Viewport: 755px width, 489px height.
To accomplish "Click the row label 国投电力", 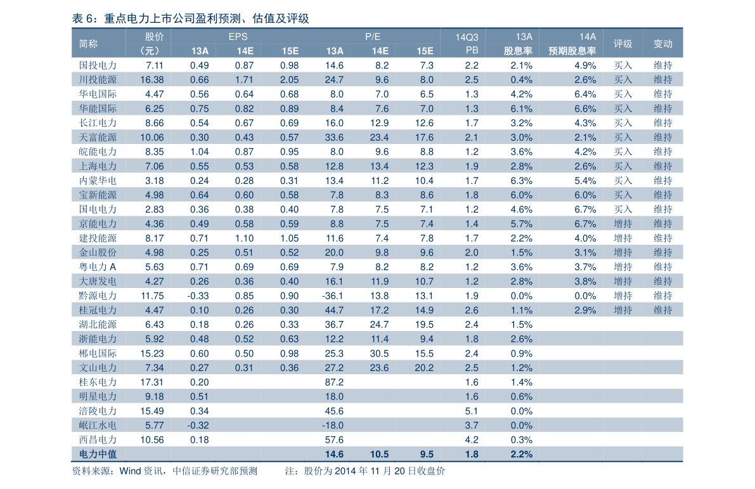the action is (x=98, y=65).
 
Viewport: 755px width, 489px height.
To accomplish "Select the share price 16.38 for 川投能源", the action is (x=152, y=79).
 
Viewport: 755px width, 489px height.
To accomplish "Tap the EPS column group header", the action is (x=238, y=37).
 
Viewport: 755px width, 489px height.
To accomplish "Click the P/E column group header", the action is (x=373, y=37).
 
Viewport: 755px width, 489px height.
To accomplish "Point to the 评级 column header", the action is (x=623, y=44).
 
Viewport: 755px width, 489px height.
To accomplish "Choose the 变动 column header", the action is (x=662, y=44).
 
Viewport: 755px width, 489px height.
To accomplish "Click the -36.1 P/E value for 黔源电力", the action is (x=333, y=296).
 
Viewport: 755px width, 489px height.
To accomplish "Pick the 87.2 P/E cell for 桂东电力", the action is (x=334, y=382).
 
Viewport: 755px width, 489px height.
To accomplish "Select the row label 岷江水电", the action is (x=98, y=426).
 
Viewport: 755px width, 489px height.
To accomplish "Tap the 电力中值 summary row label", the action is (x=98, y=454).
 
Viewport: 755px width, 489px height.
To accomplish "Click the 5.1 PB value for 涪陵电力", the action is (x=472, y=411).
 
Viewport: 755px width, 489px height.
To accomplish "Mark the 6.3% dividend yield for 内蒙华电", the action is (x=522, y=181).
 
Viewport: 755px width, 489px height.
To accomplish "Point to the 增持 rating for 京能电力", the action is (x=623, y=223).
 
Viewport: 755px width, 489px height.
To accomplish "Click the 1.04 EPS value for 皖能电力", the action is (x=199, y=152).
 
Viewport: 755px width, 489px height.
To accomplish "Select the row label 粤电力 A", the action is (x=98, y=267).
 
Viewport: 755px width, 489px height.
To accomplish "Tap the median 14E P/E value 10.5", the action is (x=380, y=454).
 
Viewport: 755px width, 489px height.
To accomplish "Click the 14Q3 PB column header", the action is (x=467, y=44).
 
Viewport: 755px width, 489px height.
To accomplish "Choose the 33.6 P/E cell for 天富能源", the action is (x=334, y=137).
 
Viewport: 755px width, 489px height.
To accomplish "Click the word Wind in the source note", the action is (x=130, y=471).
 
